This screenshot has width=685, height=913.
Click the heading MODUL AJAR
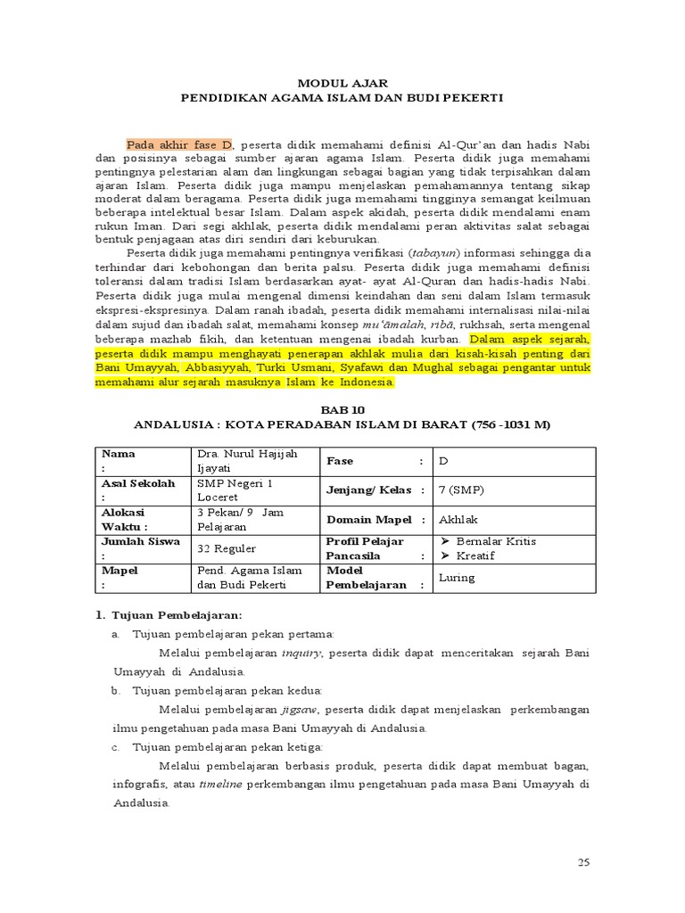click(x=342, y=82)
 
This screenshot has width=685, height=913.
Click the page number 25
click(x=584, y=862)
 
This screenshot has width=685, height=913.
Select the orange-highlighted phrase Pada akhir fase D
click(x=179, y=144)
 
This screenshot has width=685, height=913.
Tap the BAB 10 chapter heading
click(x=342, y=409)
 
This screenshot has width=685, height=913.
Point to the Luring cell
click(x=457, y=578)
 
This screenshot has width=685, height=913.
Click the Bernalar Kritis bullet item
click(x=496, y=541)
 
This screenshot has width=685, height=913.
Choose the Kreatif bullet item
click(x=482, y=555)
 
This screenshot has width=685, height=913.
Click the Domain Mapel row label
click(x=368, y=519)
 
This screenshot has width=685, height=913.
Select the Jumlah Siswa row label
click(x=141, y=541)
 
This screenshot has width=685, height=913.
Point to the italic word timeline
click(x=219, y=784)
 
